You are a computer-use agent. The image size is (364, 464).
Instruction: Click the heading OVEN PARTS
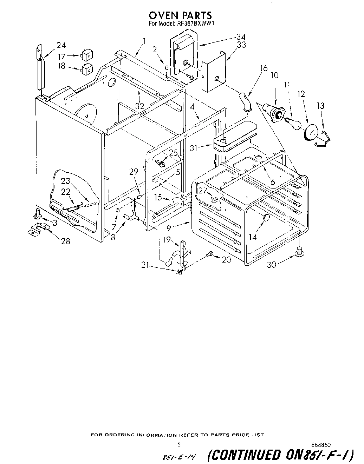(x=180, y=15)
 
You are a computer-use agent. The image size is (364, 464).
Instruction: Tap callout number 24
(x=61, y=45)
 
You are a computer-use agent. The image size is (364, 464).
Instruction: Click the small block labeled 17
(x=86, y=55)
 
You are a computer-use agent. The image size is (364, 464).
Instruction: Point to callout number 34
(x=241, y=37)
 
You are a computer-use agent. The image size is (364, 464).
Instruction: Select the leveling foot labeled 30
(x=300, y=251)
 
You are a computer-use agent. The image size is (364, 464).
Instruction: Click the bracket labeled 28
(x=39, y=229)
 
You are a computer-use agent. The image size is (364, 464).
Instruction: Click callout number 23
(x=65, y=181)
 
